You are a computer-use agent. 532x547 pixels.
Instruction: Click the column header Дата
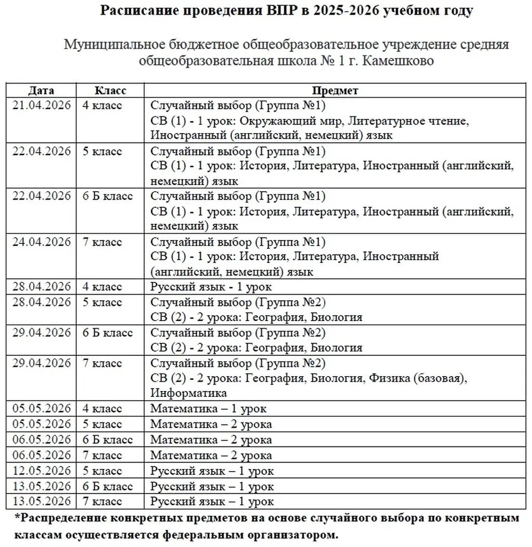pyautogui.click(x=41, y=90)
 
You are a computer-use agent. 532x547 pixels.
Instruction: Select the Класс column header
pyautogui.click(x=110, y=90)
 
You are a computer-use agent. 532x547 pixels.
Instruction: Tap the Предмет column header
pyautogui.click(x=335, y=90)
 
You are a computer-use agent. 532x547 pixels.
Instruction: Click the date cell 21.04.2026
pyautogui.click(x=42, y=105)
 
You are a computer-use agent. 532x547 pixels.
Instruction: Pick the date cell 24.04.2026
pyautogui.click(x=42, y=242)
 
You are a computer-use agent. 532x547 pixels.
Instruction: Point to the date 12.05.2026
pyautogui.click(x=42, y=471)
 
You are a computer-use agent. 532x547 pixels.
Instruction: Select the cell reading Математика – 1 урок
pyautogui.click(x=208, y=409)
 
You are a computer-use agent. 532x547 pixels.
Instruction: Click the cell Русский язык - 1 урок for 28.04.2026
pyautogui.click(x=211, y=287)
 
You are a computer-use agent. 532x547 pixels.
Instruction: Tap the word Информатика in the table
pyautogui.click(x=189, y=394)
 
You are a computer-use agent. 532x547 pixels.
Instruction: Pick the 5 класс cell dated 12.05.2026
pyautogui.click(x=103, y=471)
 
